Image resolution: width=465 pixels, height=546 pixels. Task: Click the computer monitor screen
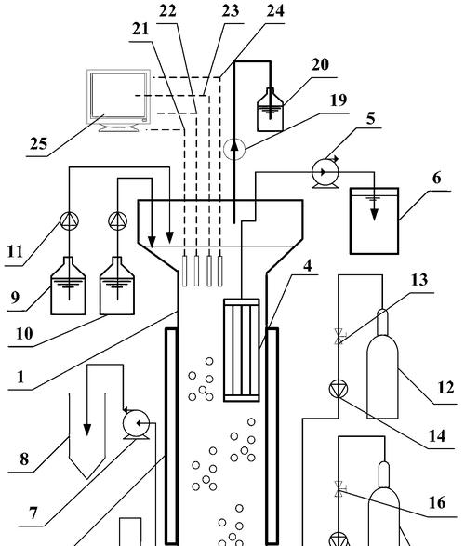pyautogui.click(x=118, y=95)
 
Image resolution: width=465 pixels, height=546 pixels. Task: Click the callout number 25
pyautogui.click(x=38, y=143)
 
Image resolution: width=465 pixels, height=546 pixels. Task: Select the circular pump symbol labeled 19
pyautogui.click(x=234, y=149)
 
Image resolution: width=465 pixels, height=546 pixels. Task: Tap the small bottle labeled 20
pyautogui.click(x=270, y=110)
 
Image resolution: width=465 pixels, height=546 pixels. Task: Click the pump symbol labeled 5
pyautogui.click(x=325, y=172)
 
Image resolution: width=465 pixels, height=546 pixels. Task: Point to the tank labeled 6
pyautogui.click(x=374, y=220)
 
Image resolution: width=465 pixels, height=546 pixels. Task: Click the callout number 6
pyautogui.click(x=436, y=178)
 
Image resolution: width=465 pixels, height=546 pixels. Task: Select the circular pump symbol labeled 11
pyautogui.click(x=69, y=220)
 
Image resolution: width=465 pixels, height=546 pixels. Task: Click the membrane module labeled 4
pyautogui.click(x=241, y=350)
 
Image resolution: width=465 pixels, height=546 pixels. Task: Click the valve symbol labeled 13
pyautogui.click(x=339, y=337)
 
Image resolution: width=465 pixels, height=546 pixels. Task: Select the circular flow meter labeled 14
pyautogui.click(x=339, y=389)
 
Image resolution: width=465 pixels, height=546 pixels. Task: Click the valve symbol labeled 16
pyautogui.click(x=339, y=489)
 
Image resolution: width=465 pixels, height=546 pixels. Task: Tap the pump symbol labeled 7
pyautogui.click(x=136, y=424)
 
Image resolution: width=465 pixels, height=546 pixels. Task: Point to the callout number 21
pyautogui.click(x=140, y=29)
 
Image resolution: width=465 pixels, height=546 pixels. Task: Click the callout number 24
pyautogui.click(x=275, y=10)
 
